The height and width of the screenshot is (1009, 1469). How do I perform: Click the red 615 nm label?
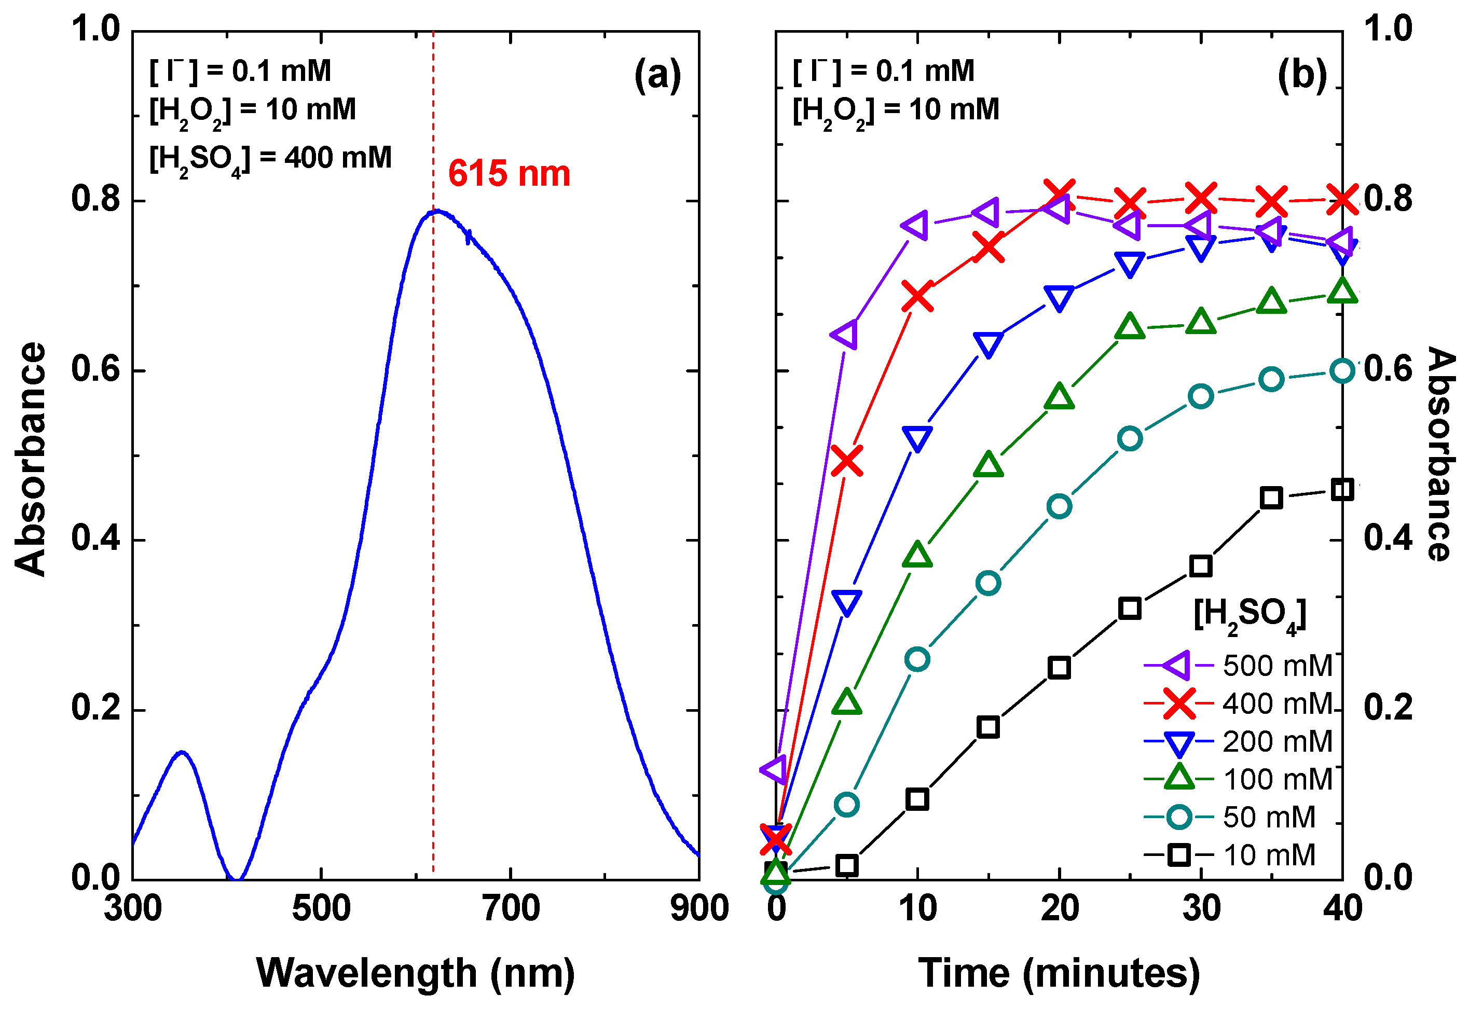(x=509, y=174)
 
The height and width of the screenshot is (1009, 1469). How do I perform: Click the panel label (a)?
(x=657, y=76)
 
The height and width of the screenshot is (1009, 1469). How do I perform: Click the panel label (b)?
(x=1301, y=76)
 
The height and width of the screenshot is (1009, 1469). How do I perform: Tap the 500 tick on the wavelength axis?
(x=321, y=909)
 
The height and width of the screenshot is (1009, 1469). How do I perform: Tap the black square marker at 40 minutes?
(x=1341, y=490)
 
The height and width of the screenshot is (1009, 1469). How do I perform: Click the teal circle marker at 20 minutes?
(x=1059, y=506)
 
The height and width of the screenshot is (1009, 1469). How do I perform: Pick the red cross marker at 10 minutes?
(x=917, y=296)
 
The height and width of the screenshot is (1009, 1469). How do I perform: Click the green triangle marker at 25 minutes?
(x=1130, y=327)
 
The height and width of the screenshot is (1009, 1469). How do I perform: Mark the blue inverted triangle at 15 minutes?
(x=988, y=344)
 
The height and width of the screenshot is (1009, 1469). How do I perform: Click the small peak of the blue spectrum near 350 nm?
(x=182, y=752)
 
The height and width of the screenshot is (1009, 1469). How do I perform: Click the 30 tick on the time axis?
(x=1200, y=909)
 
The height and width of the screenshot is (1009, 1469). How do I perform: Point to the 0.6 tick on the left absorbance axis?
(x=95, y=369)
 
